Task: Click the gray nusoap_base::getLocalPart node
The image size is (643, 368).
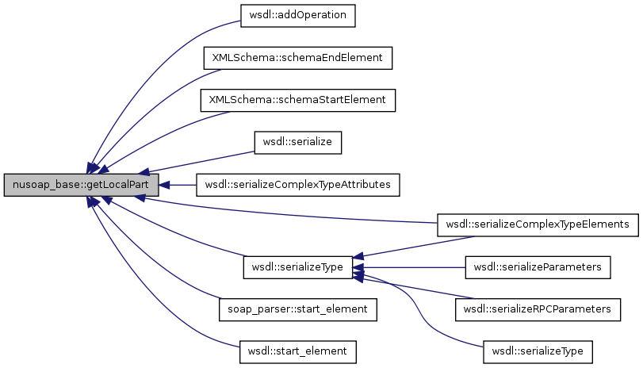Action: coord(82,185)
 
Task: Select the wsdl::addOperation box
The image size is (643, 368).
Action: coord(298,14)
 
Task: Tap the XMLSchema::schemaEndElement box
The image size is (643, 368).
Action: coord(298,58)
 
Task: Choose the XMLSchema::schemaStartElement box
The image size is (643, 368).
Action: coord(298,100)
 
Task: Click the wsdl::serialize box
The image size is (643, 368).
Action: coord(297,142)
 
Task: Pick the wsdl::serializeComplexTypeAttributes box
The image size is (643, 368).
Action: coord(298,185)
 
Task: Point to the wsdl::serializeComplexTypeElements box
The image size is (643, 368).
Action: coord(538,225)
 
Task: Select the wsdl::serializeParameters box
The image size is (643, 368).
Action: coord(538,267)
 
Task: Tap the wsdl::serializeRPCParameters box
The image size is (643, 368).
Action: coord(538,309)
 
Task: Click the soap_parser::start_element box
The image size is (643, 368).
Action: coord(297,309)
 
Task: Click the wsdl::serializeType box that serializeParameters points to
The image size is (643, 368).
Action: coord(297,267)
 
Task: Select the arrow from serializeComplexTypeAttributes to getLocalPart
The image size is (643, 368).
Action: coord(182,185)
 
